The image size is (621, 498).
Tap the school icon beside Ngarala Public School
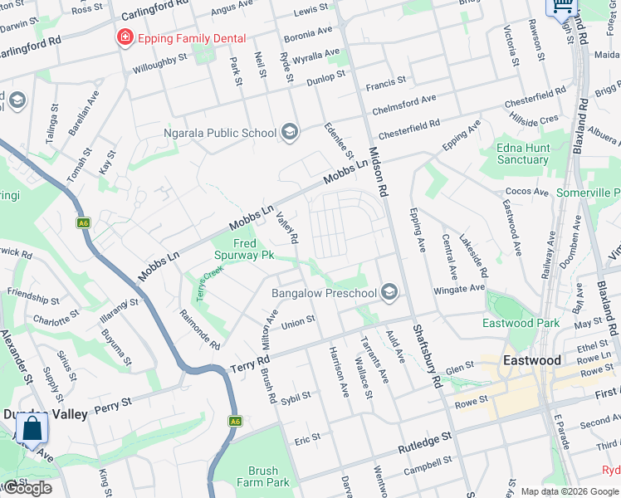pos(290,132)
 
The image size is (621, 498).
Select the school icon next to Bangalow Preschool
pos(389,292)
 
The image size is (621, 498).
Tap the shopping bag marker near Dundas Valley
pos(32,430)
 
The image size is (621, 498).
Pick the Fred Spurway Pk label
pos(244,250)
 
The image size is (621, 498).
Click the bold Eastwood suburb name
pos(532,360)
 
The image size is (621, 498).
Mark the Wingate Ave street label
pos(459,290)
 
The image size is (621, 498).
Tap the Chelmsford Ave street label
pos(404,102)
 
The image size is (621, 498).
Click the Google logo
pos(28,488)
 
